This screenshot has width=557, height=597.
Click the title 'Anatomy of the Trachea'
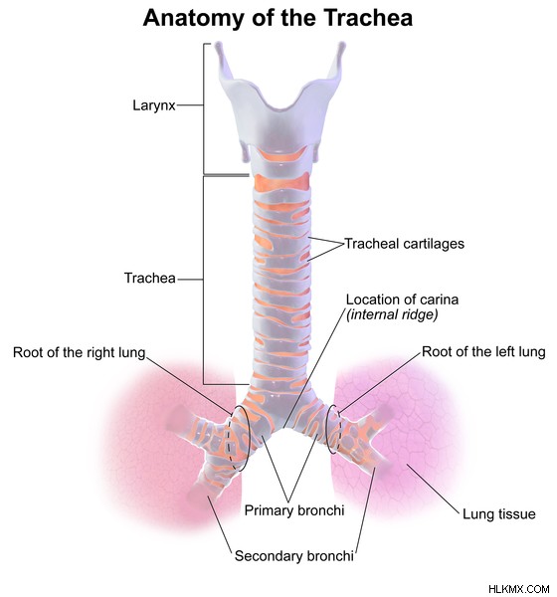pos(278,18)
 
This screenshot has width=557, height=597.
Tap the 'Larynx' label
pos(154,105)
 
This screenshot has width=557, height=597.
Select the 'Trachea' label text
pos(150,278)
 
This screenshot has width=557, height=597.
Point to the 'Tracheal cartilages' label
pos(405,244)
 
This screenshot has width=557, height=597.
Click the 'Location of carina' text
pos(402,299)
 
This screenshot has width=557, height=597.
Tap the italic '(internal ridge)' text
pos(392,314)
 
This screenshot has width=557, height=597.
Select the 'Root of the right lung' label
pos(80,352)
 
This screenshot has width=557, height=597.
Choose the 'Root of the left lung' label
pos(483,352)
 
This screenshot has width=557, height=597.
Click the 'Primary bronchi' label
pos(294,510)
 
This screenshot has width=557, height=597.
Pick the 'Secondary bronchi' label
pos(294,556)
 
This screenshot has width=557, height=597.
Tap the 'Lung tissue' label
pos(499,514)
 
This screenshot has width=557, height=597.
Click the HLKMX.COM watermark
pos(519,589)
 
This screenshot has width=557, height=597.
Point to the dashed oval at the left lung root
pos(328,430)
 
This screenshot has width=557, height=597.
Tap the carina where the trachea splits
pos(283,429)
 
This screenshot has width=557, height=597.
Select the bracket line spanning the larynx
pos(204,108)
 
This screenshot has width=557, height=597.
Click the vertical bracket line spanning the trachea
pos(204,280)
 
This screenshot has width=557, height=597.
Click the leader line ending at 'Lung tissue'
pos(434,489)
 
